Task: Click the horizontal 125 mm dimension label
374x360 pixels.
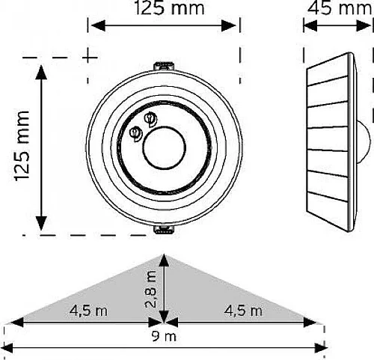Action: coord(169,8)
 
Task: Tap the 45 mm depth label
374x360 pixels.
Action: coord(340,8)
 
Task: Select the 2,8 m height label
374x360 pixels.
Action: coord(151,289)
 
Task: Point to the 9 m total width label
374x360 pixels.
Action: coord(164,337)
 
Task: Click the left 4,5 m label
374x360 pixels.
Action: coord(88,311)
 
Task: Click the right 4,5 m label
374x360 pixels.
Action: coord(243,311)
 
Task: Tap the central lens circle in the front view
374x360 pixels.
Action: coord(165,147)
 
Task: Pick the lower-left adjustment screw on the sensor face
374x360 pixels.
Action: coord(135,134)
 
